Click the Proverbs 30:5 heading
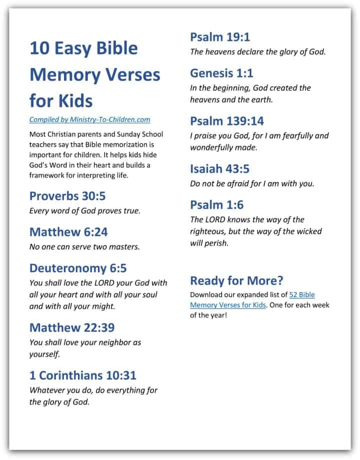pyautogui.click(x=67, y=196)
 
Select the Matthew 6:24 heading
pyautogui.click(x=68, y=232)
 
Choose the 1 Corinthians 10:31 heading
pyautogui.click(x=83, y=375)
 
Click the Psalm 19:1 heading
pyautogui.click(x=220, y=36)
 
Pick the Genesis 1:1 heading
pyautogui.click(x=221, y=73)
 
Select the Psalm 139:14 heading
pyautogui.click(x=227, y=121)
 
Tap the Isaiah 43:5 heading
pyautogui.click(x=219, y=168)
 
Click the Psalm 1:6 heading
pyautogui.click(x=216, y=205)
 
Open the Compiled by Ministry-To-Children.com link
pyautogui.click(x=90, y=119)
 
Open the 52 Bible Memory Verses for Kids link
pyautogui.click(x=252, y=300)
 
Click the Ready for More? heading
pyautogui.click(x=237, y=280)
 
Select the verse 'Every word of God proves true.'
pyautogui.click(x=85, y=210)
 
